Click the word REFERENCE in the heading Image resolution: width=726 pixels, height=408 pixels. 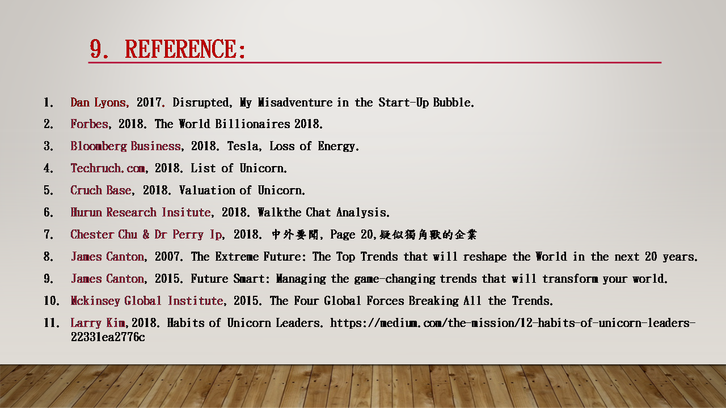pos(185,49)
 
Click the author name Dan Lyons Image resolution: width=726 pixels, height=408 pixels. pos(98,103)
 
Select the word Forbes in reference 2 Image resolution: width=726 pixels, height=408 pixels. pos(89,124)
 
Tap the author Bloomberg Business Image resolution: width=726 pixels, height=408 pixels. pos(125,146)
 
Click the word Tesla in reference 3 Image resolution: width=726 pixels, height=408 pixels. pos(242,146)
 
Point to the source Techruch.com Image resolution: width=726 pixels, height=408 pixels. pos(108,168)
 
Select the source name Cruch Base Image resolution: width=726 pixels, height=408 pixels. pos(101,190)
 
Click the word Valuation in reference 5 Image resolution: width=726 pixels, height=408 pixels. pos(207,190)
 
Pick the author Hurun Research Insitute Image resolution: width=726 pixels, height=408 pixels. pos(141,212)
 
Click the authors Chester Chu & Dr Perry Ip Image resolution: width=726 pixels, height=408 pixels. pos(146,235)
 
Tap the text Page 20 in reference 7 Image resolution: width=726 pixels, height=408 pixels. pos(352,235)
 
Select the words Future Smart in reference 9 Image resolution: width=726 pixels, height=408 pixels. pos(228,279)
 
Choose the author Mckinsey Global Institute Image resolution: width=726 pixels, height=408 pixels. pos(147,301)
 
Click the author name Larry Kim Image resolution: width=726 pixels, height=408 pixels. pos(98,323)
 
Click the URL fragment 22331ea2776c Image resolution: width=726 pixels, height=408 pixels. pos(108,337)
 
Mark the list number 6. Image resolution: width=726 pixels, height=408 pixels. pos(48,212)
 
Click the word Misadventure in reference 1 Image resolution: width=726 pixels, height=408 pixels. pos(295,103)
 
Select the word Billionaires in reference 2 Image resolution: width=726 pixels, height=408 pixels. pos(252,124)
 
